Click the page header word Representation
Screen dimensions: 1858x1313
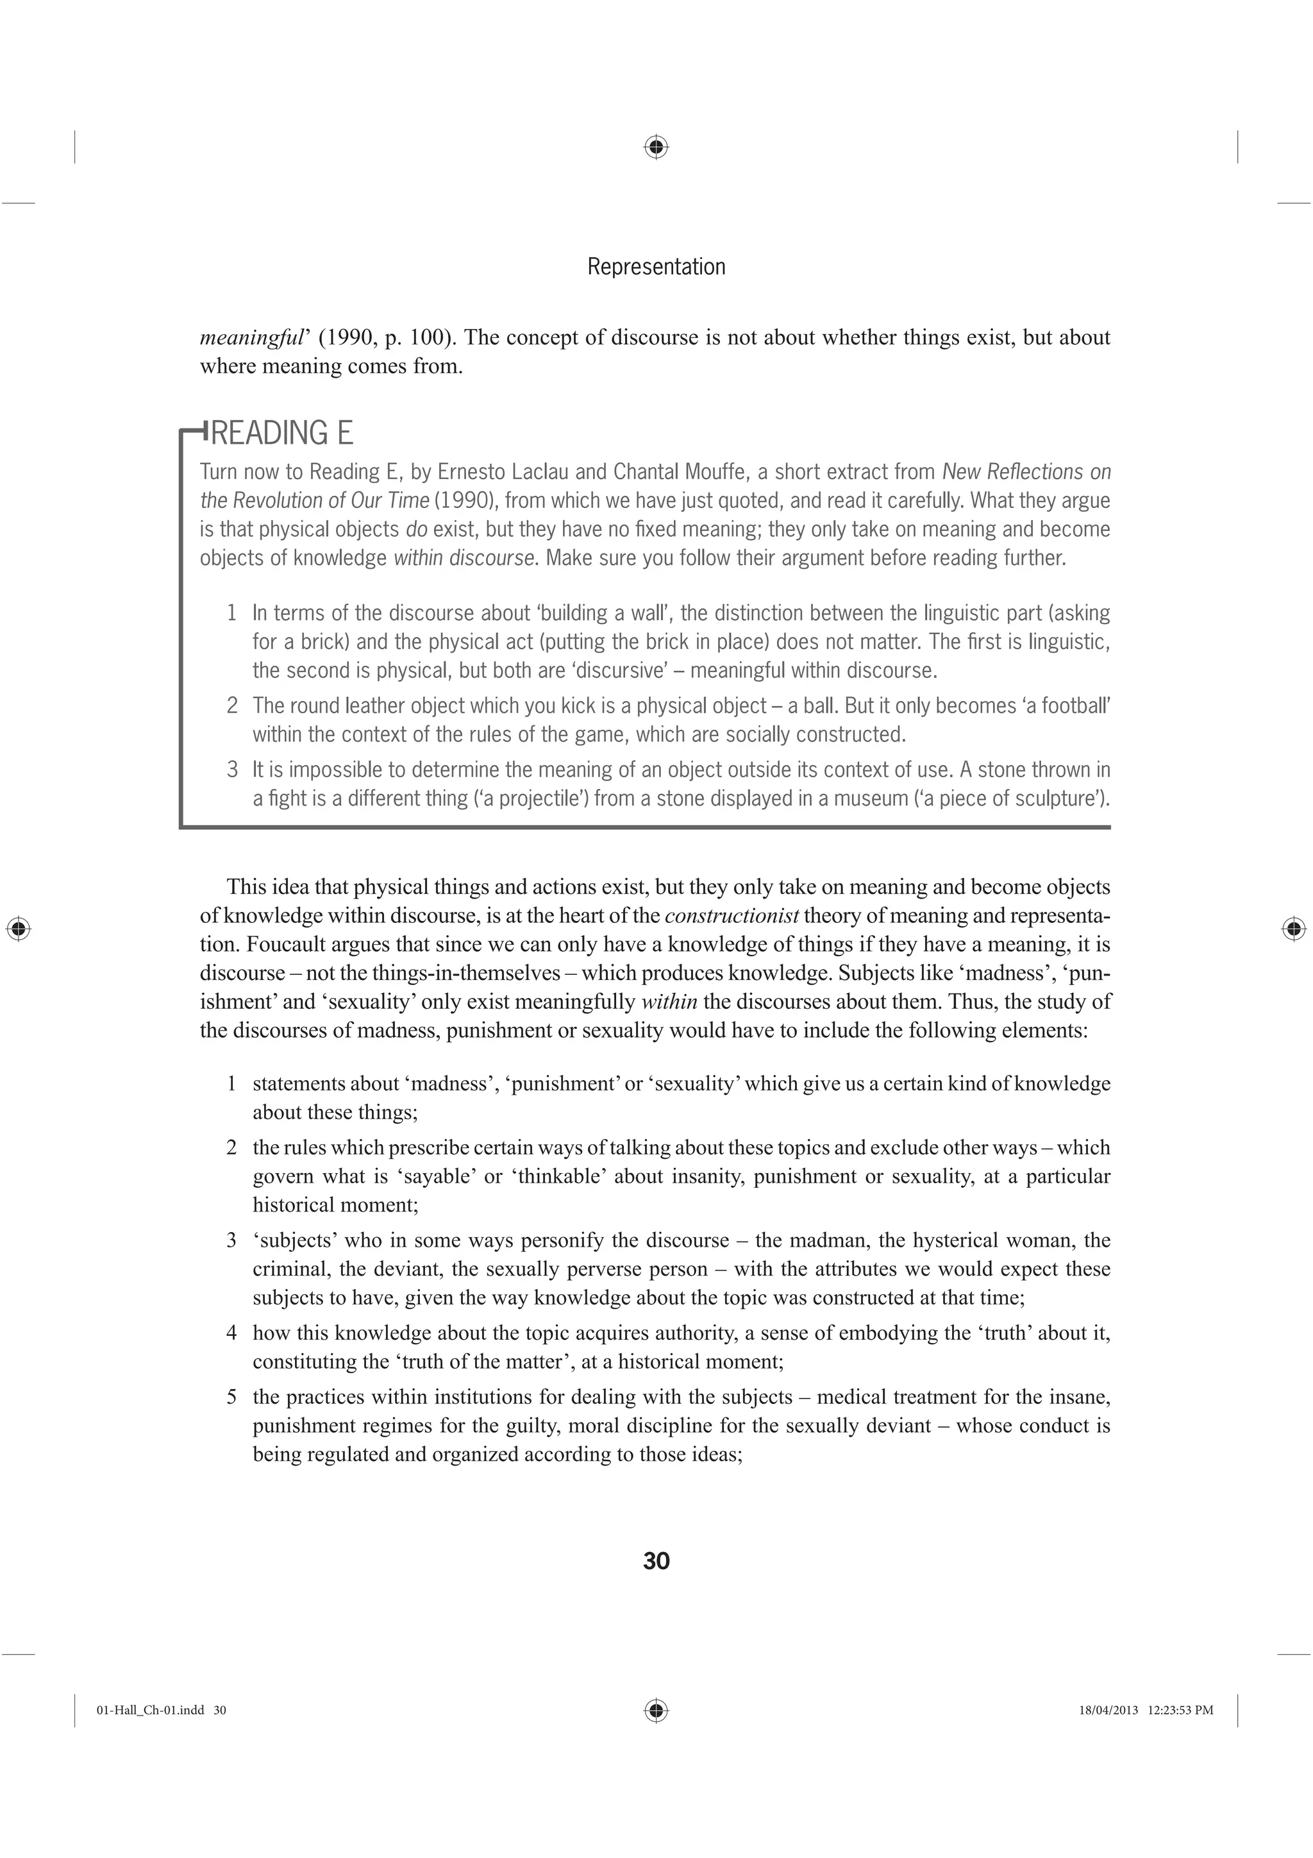point(656,266)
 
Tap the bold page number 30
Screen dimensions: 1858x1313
point(656,1561)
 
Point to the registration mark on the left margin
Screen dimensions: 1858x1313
point(18,929)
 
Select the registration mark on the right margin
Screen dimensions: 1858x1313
point(1294,929)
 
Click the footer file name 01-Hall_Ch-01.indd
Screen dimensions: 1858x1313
point(151,1710)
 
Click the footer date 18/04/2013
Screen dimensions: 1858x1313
point(1108,1710)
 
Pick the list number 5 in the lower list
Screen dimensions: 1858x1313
point(231,1397)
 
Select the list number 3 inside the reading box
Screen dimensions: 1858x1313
point(232,770)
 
